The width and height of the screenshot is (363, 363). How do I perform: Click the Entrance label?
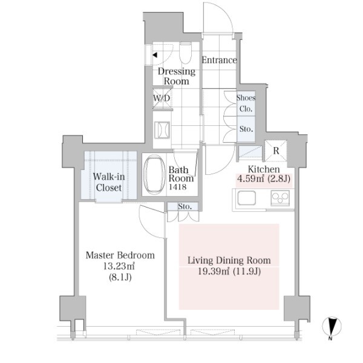(x=219, y=60)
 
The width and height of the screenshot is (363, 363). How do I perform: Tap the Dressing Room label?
(x=177, y=76)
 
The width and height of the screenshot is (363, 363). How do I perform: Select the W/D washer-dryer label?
(x=162, y=98)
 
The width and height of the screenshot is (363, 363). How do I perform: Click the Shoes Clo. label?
(x=246, y=103)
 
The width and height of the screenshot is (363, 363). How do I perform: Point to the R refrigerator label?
(x=275, y=151)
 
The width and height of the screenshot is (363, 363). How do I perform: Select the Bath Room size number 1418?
(x=181, y=187)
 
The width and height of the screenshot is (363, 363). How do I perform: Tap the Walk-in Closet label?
(x=108, y=182)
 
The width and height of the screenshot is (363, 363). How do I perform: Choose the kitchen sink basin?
(x=247, y=198)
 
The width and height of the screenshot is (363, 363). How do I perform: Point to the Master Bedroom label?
(x=119, y=255)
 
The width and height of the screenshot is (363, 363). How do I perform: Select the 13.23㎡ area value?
(x=119, y=267)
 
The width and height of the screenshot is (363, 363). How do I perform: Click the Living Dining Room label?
(x=229, y=261)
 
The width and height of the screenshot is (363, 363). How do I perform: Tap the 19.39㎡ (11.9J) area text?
(x=229, y=272)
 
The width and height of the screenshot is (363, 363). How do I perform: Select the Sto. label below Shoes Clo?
(x=246, y=129)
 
